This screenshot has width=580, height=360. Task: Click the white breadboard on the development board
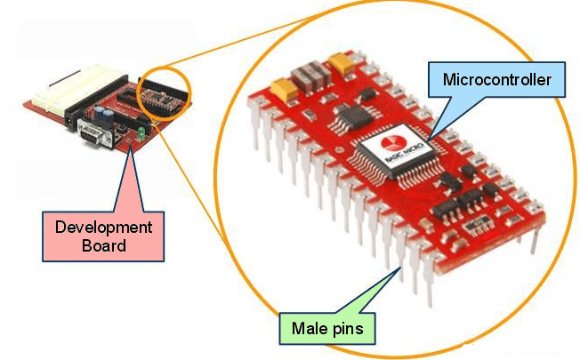pos(52,96)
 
